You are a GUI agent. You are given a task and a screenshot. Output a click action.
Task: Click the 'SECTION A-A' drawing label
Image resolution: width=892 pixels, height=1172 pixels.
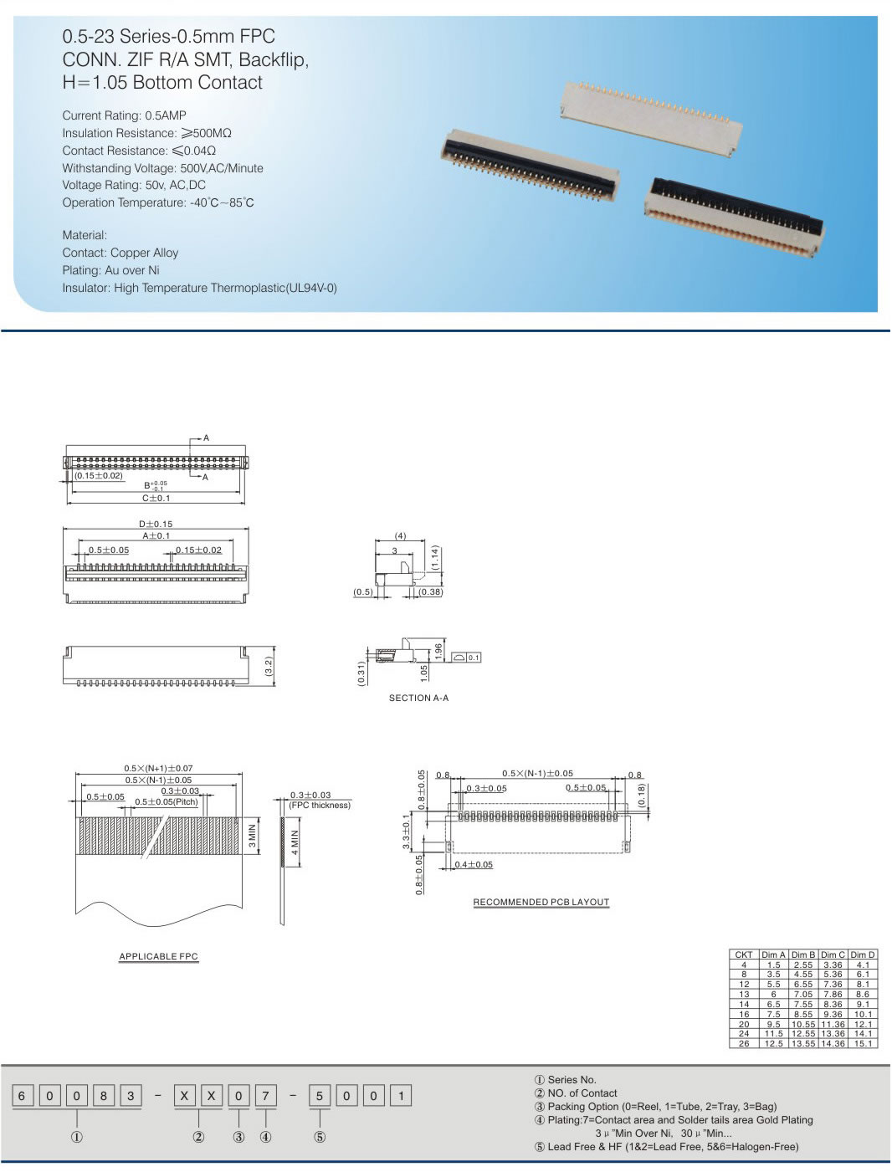[418, 698]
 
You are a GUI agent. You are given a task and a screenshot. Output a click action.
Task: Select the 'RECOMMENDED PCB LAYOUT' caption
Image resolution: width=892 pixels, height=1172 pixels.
[541, 902]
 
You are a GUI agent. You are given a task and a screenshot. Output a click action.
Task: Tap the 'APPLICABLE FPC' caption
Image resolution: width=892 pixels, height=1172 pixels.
[158, 956]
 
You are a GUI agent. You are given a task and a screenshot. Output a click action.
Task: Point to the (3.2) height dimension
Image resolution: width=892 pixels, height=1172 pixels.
[269, 667]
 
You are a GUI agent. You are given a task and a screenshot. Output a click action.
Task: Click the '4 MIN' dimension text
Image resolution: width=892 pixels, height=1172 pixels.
[295, 842]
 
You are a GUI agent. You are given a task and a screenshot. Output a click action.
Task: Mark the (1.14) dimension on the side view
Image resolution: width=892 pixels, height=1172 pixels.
[435, 558]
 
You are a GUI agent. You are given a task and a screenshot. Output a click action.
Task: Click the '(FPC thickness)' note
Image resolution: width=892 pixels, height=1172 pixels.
[320, 805]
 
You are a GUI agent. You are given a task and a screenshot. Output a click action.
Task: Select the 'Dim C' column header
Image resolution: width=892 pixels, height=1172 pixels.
[833, 954]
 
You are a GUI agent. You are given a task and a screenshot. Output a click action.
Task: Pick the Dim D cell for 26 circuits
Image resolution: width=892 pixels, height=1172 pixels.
[863, 1044]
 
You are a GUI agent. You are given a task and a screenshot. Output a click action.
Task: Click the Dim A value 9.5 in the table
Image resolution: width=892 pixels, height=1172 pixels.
[773, 1024]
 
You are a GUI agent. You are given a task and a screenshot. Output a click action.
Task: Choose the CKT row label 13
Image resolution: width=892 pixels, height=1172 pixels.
[744, 995]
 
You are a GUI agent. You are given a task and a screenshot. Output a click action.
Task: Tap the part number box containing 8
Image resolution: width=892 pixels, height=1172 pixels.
[103, 1096]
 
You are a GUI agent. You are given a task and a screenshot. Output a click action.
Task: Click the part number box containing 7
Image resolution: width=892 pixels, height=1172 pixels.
[265, 1096]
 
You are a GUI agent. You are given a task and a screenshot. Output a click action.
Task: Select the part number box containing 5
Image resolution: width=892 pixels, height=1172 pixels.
[319, 1096]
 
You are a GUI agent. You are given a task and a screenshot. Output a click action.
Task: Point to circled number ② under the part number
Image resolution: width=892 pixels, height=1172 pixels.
[198, 1137]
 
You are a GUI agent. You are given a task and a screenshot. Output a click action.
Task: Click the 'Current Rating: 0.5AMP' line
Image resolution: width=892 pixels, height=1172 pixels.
[124, 115]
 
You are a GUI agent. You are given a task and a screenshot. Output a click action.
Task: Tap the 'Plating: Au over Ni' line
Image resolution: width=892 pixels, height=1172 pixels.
[110, 270]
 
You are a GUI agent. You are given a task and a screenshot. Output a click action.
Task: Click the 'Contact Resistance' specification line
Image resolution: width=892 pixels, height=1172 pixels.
[139, 151]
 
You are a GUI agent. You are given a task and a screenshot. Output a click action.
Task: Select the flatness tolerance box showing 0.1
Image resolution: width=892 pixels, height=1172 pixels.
[474, 658]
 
